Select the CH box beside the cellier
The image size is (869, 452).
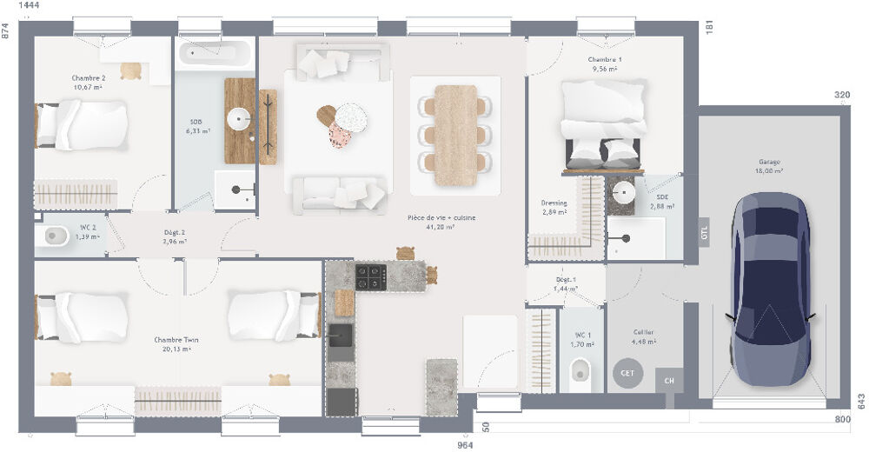point(669,380)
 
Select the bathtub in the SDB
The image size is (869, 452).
point(216,55)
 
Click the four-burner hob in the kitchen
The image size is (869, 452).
point(370,277)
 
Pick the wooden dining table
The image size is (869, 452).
point(456,134)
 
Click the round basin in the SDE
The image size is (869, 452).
point(622,192)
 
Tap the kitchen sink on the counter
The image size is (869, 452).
point(341,335)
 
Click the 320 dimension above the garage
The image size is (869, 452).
point(842,95)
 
